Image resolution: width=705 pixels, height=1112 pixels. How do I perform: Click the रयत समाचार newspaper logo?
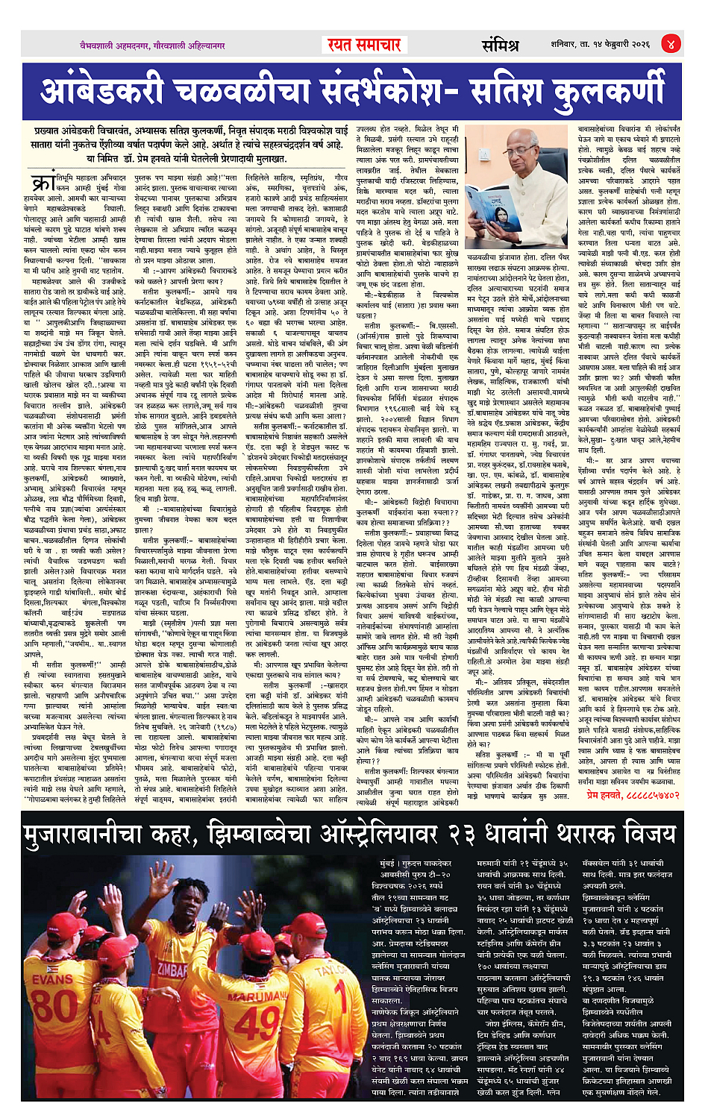pyautogui.click(x=365, y=45)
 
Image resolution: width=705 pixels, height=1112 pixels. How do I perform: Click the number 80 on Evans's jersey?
pyautogui.click(x=54, y=1006)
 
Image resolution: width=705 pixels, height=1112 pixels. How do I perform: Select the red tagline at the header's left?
pyautogui.click(x=152, y=45)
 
